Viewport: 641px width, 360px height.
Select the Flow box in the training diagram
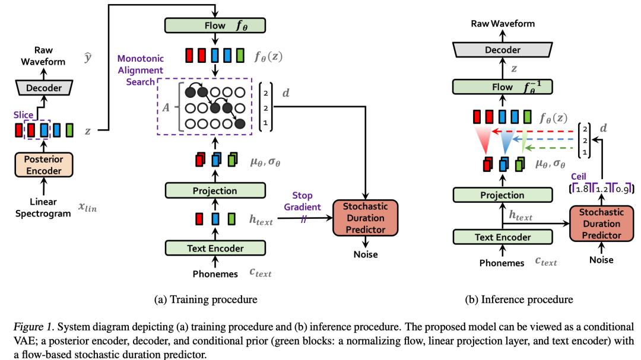point(215,25)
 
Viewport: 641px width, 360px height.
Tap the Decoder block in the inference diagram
point(503,50)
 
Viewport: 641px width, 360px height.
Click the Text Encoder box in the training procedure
point(215,248)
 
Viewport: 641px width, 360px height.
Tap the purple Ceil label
point(579,176)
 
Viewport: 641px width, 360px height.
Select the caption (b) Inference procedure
point(519,300)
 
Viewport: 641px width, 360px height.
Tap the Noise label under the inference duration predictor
point(601,260)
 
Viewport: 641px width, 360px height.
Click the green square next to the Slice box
point(70,129)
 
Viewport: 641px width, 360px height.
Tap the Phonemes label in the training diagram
point(215,273)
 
